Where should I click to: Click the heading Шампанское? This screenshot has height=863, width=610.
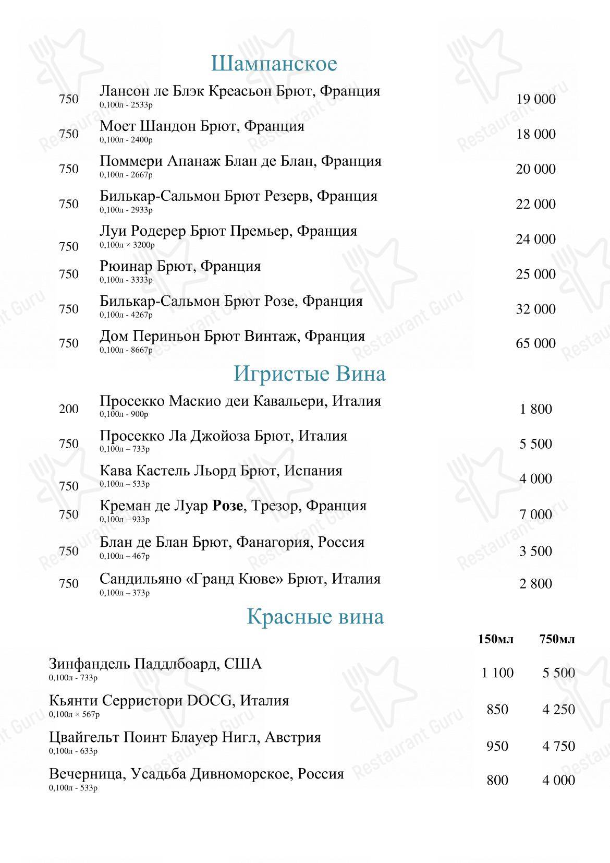tap(274, 64)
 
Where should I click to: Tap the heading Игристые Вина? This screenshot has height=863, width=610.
tap(310, 374)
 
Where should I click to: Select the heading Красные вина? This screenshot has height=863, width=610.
tap(315, 616)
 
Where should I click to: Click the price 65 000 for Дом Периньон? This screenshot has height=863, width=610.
tap(536, 343)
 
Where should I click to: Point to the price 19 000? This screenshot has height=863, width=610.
tap(536, 99)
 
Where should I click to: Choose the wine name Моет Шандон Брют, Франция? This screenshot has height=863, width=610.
tap(202, 126)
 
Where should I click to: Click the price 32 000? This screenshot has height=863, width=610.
tap(536, 309)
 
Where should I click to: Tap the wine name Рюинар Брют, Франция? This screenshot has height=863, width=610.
tap(180, 266)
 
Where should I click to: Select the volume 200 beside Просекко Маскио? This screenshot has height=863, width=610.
tap(69, 409)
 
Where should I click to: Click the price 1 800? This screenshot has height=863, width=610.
tap(536, 409)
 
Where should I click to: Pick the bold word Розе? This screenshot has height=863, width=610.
tap(227, 506)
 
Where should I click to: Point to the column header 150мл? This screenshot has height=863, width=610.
tap(496, 639)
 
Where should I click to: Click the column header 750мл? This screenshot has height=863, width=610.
tap(557, 639)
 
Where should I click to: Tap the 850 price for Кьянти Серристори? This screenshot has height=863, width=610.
tap(497, 710)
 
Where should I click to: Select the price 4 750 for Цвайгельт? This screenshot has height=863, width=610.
tap(558, 746)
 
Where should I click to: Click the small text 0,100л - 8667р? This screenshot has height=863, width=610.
tap(126, 350)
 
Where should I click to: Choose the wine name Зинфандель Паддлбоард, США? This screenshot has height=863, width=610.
tap(155, 664)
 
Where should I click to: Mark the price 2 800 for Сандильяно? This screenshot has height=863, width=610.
tap(535, 583)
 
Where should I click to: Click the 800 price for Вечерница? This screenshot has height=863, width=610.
tap(497, 780)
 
